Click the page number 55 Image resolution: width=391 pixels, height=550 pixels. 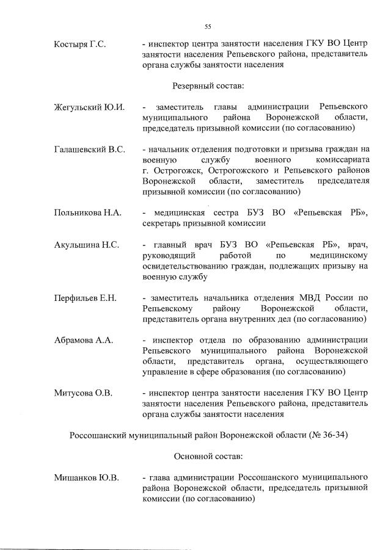(x=208, y=26)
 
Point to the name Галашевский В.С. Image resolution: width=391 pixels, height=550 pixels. (x=90, y=150)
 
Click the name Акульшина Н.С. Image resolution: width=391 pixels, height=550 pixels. (x=87, y=245)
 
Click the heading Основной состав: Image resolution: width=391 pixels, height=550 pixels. (x=208, y=456)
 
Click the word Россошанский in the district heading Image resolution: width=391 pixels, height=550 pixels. (x=103, y=435)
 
